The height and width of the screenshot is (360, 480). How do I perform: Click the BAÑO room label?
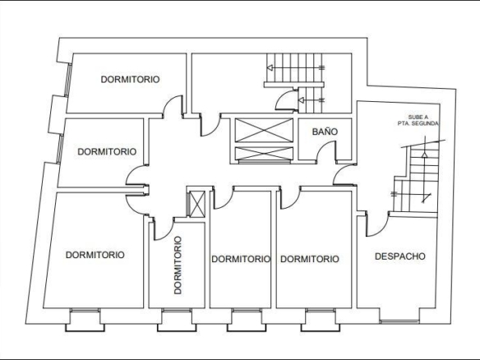(x=325, y=132)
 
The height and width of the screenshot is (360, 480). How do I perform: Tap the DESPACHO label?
(x=400, y=256)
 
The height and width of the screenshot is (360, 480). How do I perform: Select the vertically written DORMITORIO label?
(x=178, y=265)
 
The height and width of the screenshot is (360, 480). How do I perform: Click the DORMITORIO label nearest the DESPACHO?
(x=310, y=259)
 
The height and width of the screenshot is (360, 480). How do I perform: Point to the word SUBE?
(x=414, y=118)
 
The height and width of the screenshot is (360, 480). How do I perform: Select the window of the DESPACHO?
(x=399, y=321)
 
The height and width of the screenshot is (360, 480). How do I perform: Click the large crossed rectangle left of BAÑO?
(x=264, y=130)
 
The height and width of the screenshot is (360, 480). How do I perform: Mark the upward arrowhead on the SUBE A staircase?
(x=424, y=155)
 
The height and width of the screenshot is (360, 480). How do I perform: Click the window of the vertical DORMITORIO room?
(x=177, y=311)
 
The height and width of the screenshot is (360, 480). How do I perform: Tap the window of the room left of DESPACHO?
(x=321, y=311)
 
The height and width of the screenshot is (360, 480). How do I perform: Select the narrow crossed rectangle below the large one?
(x=264, y=154)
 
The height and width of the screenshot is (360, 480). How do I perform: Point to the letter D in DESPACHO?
(x=378, y=256)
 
